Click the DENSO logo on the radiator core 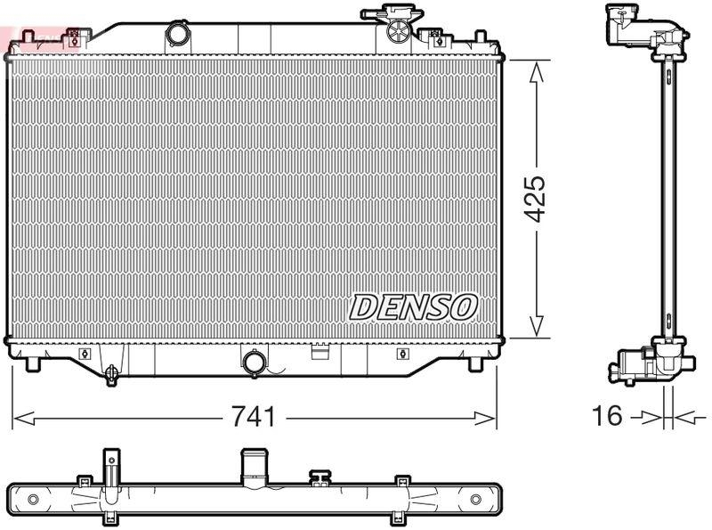pyautogui.click(x=413, y=307)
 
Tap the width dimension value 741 pyautogui.click(x=254, y=416)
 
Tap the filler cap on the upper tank pyautogui.click(x=397, y=29)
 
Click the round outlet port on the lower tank pyautogui.click(x=254, y=363)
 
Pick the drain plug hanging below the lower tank pyautogui.click(x=111, y=373)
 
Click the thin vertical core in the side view pyautogui.click(x=666, y=196)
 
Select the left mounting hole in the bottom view pyautogui.click(x=33, y=497)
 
